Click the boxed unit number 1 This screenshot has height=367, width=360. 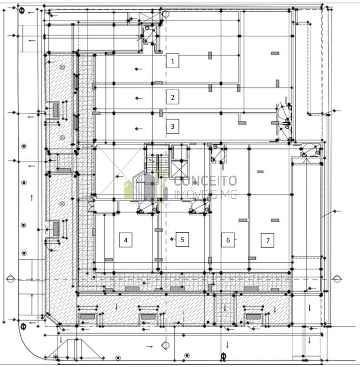[173, 61]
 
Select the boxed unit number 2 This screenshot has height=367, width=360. [173, 97]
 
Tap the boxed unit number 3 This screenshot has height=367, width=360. [173, 126]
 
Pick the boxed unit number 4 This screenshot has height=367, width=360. [126, 240]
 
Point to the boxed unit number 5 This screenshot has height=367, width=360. [182, 240]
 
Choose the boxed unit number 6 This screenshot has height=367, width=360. [228, 240]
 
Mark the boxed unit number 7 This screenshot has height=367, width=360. [268, 240]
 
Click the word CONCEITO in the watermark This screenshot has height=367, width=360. [205, 181]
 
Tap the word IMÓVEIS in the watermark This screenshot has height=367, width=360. [195, 194]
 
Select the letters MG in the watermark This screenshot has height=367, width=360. [228, 194]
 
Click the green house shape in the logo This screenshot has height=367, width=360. [128, 189]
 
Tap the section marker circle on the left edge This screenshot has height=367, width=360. [10, 279]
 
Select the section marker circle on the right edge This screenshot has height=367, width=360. [337, 279]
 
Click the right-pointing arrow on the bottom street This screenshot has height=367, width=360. [150, 347]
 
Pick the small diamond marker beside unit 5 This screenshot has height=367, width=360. [172, 239]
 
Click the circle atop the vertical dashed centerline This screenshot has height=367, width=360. [166, 14]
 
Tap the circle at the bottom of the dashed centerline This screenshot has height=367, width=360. [166, 345]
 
